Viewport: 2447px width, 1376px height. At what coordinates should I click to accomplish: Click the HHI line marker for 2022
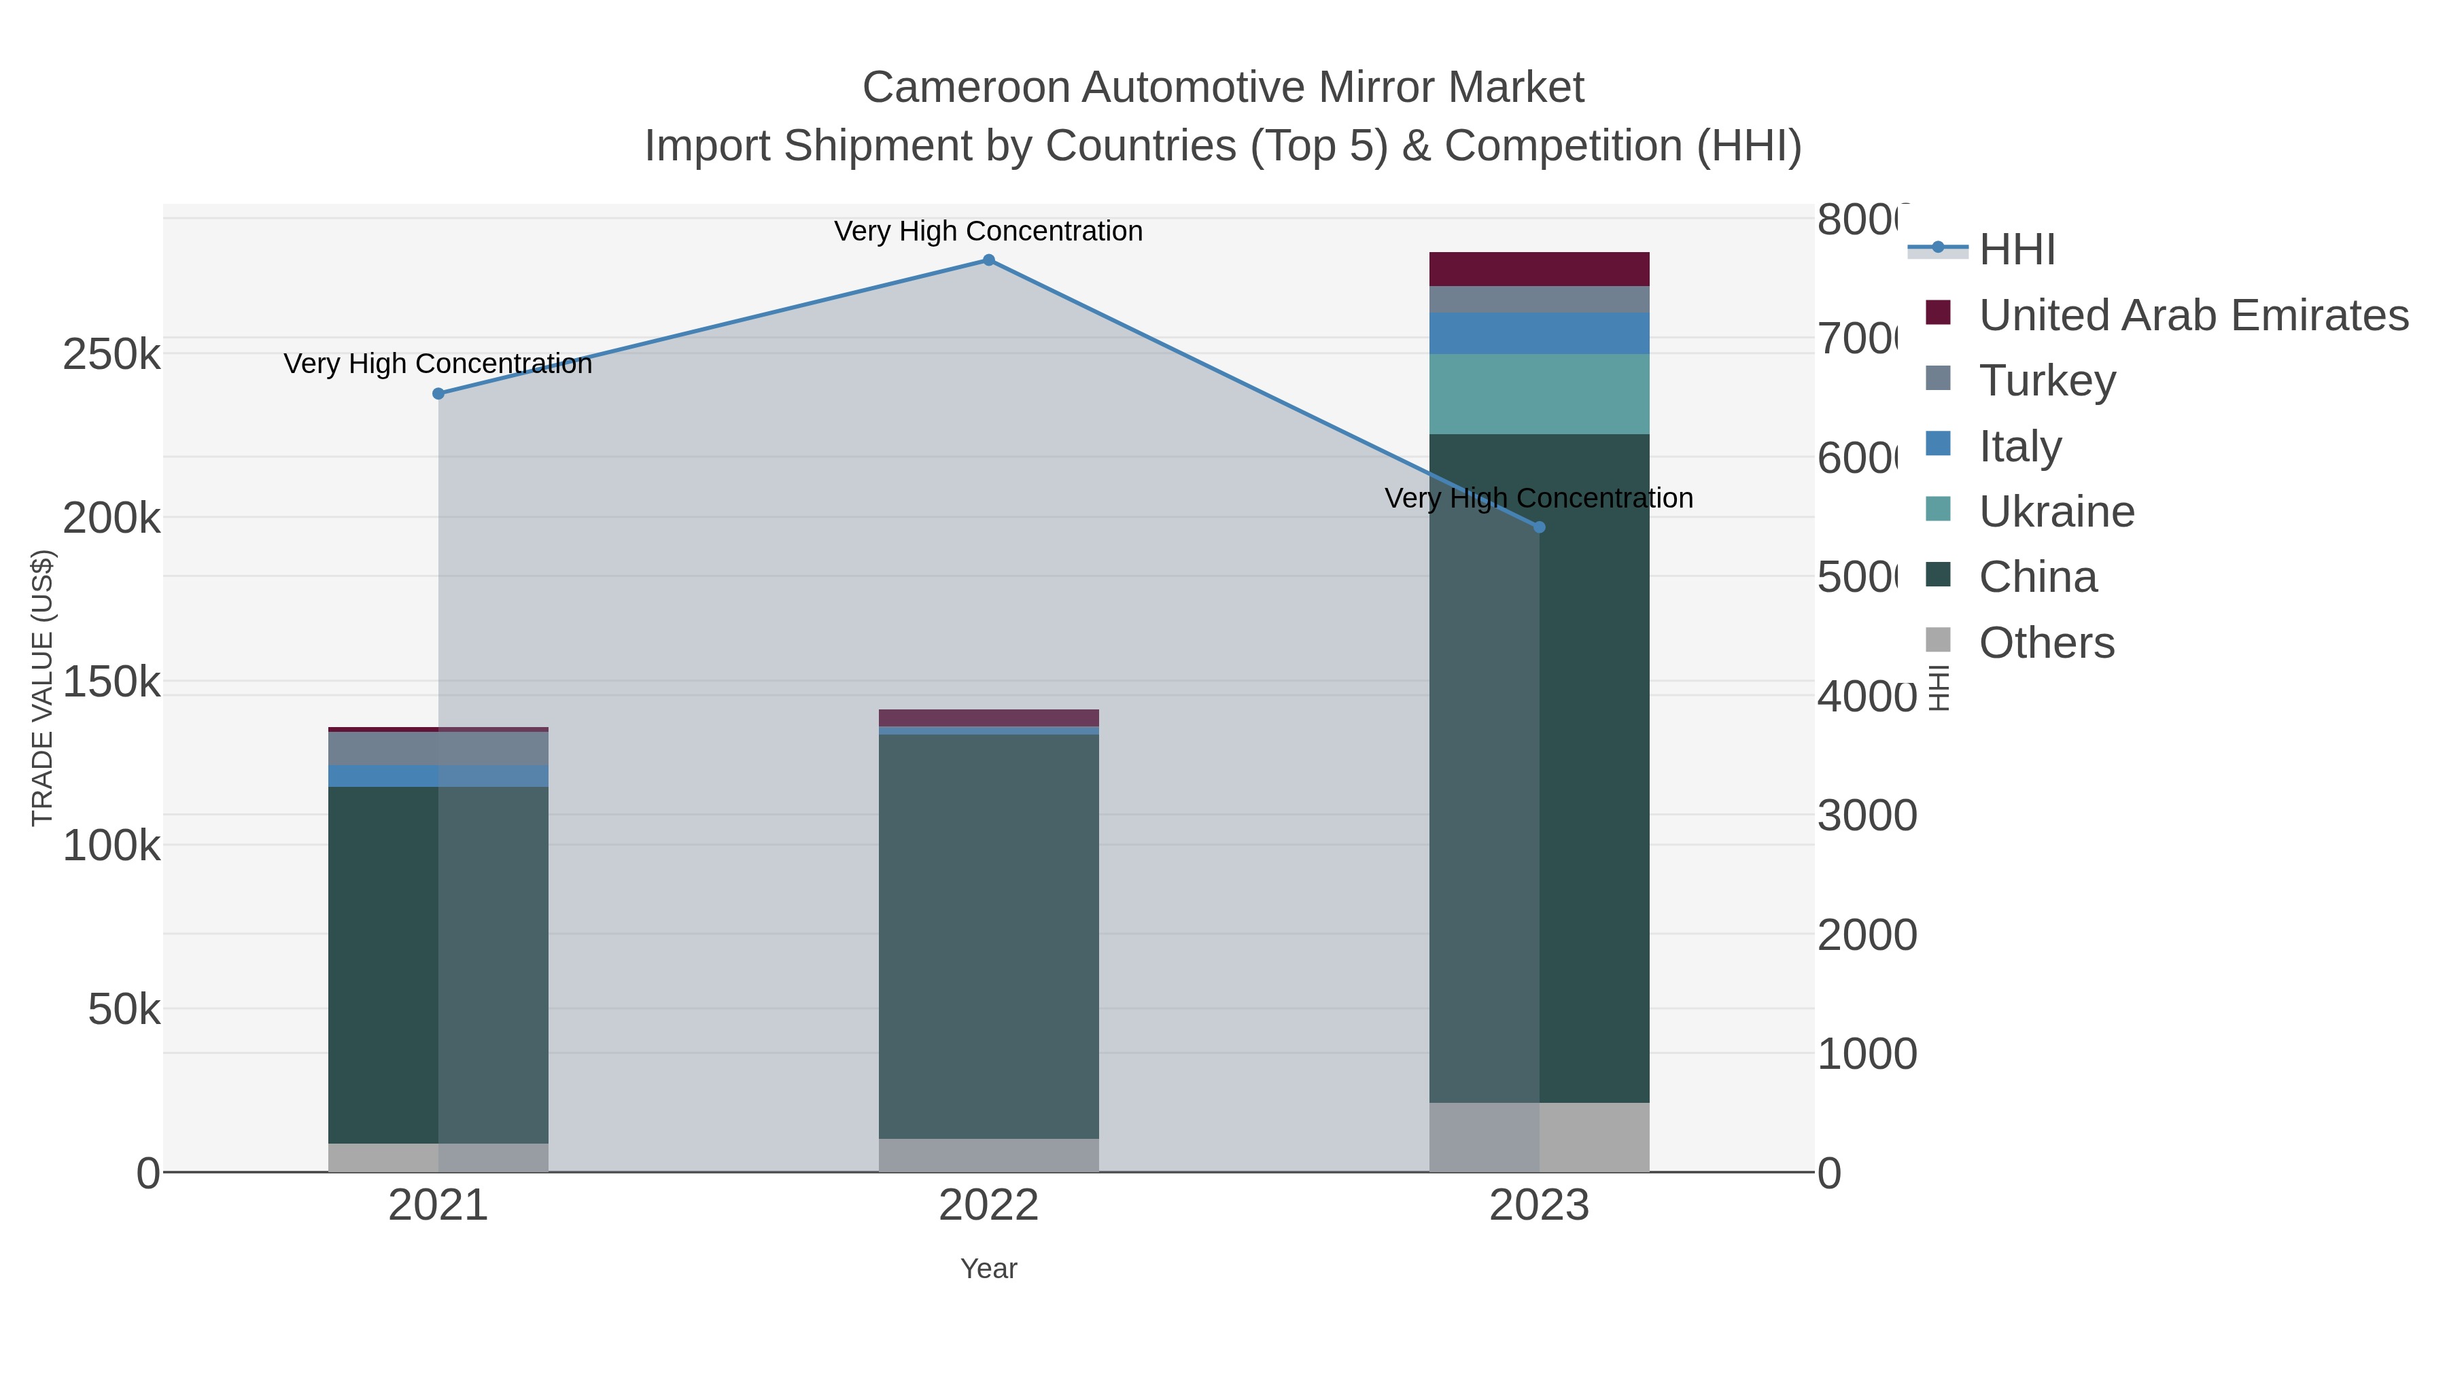pos(988,260)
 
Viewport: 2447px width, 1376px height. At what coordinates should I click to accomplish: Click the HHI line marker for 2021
pos(438,393)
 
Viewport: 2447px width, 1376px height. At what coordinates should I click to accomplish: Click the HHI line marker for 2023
pos(1539,527)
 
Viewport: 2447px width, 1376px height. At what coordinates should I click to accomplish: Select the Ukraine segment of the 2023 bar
pos(1539,394)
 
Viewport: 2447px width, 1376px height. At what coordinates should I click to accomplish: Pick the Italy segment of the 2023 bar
pos(1539,334)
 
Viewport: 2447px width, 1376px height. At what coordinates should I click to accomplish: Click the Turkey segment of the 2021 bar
pos(438,748)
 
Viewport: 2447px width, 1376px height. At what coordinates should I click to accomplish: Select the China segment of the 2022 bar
pos(988,936)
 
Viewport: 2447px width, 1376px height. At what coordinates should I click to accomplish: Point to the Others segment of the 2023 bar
pos(1539,1137)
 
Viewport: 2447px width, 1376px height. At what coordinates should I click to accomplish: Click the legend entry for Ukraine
pos(2057,512)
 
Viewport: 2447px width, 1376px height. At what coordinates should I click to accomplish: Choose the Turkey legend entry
pos(2047,381)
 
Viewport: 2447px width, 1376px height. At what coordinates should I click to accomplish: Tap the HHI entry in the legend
pos(2017,250)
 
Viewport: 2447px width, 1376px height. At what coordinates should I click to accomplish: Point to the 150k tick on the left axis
pos(111,682)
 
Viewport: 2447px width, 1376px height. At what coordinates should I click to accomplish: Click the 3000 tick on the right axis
pos(1867,815)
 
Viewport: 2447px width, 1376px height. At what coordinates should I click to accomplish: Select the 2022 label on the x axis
pos(988,1206)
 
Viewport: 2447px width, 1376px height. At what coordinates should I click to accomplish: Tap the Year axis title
pos(988,1269)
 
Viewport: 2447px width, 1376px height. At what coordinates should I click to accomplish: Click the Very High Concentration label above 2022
pos(988,231)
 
